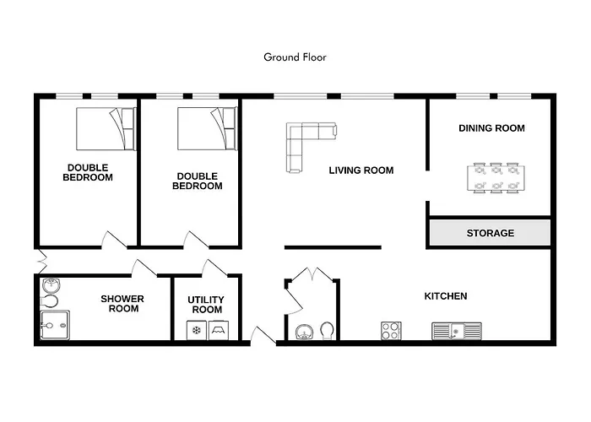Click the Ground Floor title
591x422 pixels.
295,57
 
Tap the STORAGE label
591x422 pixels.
490,233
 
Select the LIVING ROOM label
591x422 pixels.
361,170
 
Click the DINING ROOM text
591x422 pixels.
491,128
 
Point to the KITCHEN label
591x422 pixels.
446,296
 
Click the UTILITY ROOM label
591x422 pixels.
206,305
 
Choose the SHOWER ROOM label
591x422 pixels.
122,304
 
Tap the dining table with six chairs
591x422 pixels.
496,178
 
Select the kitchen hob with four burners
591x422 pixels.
391,331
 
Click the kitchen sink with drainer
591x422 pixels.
457,331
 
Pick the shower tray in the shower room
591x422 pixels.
55,325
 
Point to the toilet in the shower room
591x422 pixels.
49,301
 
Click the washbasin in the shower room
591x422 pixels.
51,285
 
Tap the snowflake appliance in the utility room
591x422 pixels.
197,331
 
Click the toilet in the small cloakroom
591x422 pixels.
327,331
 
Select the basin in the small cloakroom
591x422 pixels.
304,332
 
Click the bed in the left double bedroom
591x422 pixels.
106,129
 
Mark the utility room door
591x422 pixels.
214,268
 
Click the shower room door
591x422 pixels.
144,268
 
